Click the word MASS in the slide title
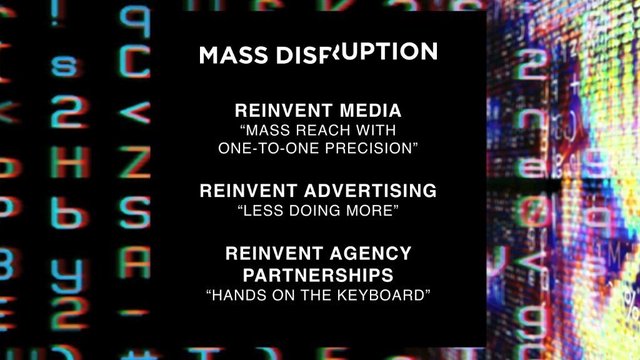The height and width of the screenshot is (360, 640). point(227,55)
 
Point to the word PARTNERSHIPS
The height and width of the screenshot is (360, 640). point(318,273)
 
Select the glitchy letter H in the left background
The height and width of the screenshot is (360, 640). point(66,160)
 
